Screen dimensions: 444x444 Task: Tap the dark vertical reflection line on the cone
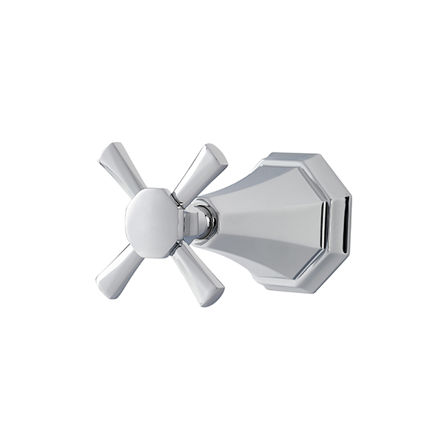323,222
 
